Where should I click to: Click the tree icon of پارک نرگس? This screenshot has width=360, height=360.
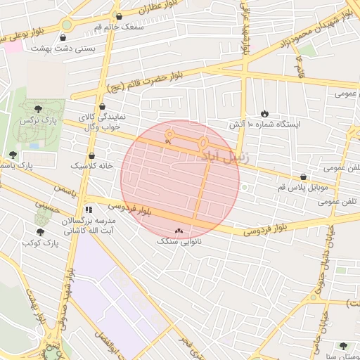point(37,108)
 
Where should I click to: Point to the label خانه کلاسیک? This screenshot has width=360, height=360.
point(91,166)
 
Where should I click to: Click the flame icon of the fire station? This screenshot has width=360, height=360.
point(264,113)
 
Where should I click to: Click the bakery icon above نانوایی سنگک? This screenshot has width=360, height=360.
point(178,231)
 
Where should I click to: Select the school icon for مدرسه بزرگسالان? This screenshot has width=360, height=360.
point(89,210)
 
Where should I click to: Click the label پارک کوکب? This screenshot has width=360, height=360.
point(39,243)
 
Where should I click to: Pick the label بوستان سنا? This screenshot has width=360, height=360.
point(342,356)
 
